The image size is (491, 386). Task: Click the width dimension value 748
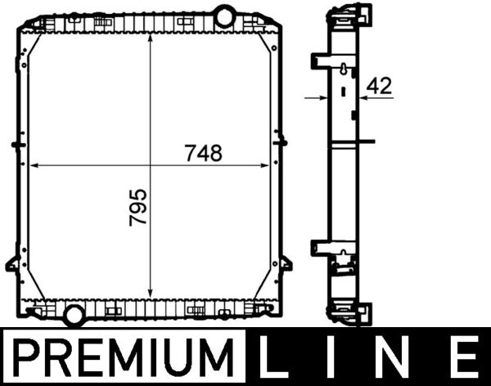pyautogui.click(x=203, y=152)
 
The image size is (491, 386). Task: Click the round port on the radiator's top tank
pyautogui.click(x=224, y=16)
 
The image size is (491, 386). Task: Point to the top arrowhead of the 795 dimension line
pyautogui.click(x=151, y=38)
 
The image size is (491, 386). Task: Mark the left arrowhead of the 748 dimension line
pyautogui.click(x=34, y=166)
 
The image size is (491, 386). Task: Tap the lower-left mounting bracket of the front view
pyautogui.click(x=14, y=263)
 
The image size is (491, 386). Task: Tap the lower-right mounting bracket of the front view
pyautogui.click(x=285, y=263)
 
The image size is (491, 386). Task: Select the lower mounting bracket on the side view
pyautogui.click(x=320, y=249)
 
